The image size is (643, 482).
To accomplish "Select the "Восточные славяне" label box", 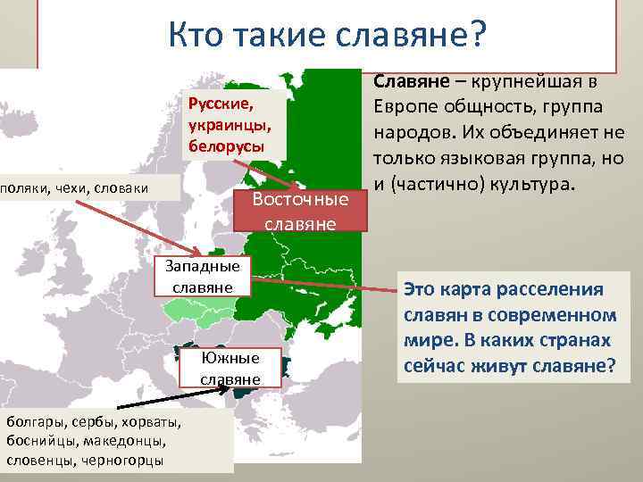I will [300, 211].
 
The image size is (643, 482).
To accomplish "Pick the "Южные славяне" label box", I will [230, 369].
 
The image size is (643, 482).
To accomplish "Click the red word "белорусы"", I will [226, 145].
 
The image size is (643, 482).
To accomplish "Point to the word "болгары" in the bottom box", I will [34, 422].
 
